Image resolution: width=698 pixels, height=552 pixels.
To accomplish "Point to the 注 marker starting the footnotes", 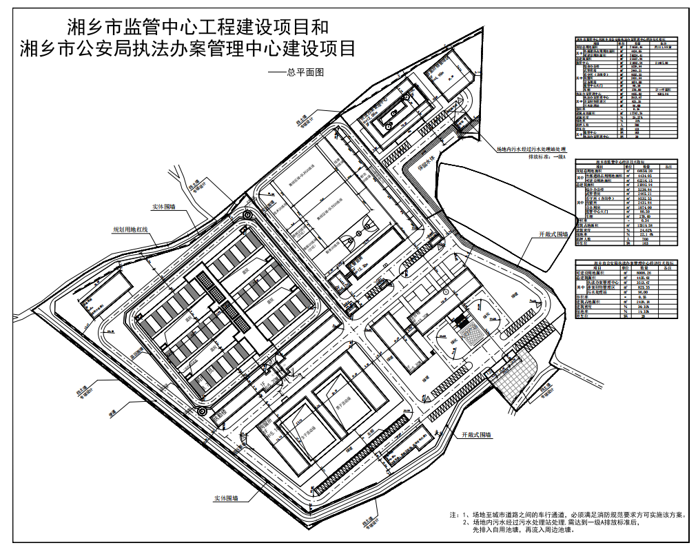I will click(453, 515).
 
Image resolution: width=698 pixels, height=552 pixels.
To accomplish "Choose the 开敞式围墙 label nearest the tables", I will click(553, 235).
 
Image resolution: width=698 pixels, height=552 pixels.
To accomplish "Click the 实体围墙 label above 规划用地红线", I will click(163, 206).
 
